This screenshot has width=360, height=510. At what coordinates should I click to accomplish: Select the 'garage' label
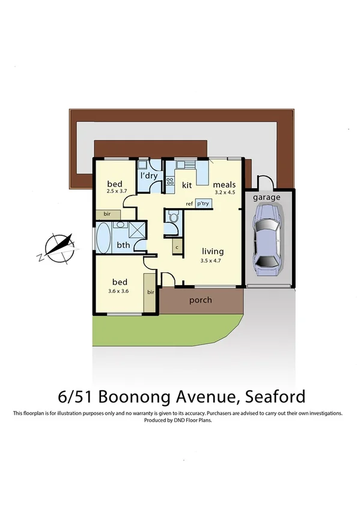(266, 197)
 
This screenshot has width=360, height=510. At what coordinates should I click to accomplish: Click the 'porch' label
(200, 300)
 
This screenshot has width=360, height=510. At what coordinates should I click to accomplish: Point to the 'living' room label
(212, 251)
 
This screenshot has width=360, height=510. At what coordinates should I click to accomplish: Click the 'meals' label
(224, 184)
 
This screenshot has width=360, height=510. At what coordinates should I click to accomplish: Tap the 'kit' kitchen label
(187, 184)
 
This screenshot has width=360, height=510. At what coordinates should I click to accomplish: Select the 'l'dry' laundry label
(148, 176)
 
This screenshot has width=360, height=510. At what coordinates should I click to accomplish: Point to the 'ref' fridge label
(189, 204)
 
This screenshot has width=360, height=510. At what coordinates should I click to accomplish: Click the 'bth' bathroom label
(123, 245)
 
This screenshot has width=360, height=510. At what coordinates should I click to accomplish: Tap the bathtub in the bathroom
(103, 238)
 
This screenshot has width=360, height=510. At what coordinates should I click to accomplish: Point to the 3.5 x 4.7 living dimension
(212, 261)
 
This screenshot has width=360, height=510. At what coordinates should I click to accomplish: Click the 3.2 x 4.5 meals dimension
(224, 192)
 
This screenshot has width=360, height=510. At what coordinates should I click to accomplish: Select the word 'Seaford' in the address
(275, 397)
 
